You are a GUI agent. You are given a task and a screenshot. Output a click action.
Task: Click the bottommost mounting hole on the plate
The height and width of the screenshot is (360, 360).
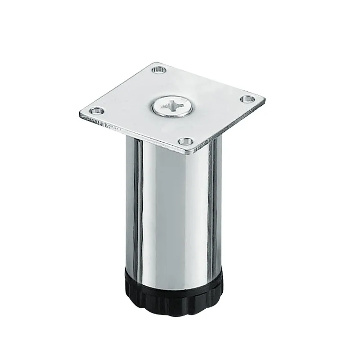(x=183, y=141)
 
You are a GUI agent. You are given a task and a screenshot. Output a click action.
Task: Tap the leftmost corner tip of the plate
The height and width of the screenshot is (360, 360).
(x=80, y=113)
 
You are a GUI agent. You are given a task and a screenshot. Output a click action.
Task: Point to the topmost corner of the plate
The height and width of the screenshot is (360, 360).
(x=155, y=61)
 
